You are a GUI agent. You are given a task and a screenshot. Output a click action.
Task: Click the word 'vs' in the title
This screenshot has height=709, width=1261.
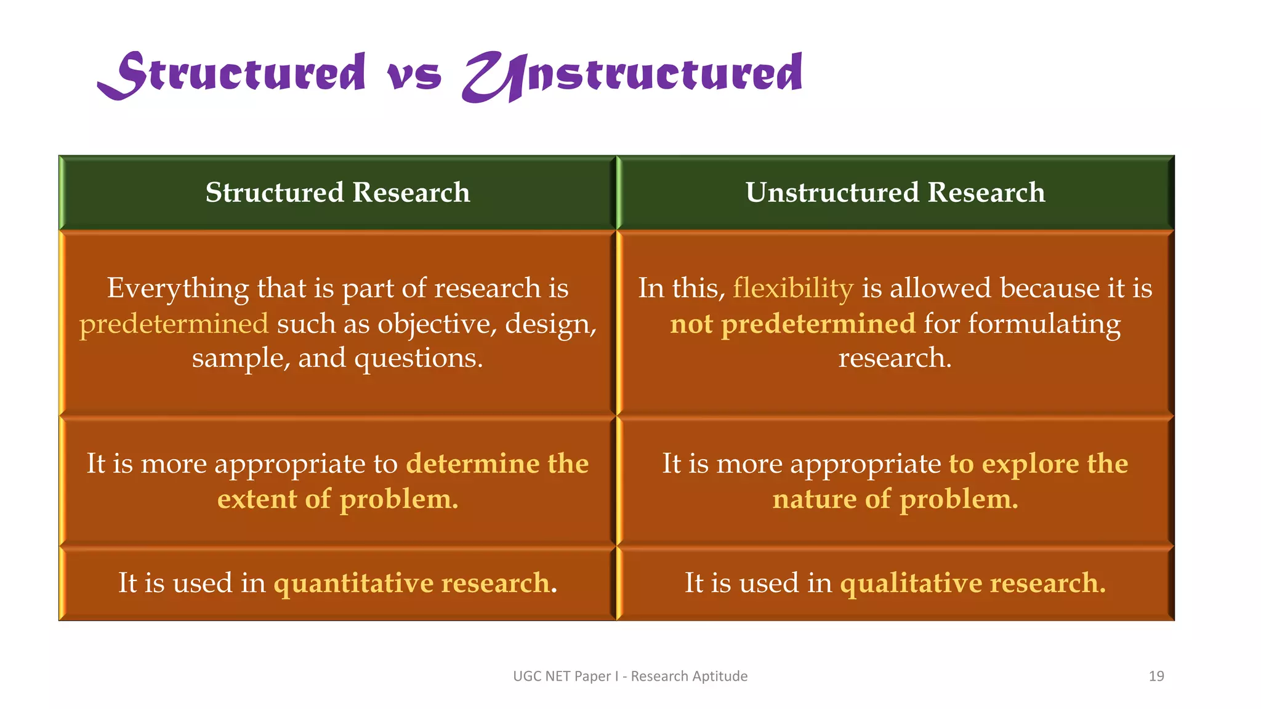click(414, 77)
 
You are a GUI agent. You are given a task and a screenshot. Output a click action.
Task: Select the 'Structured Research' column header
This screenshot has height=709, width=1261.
click(337, 192)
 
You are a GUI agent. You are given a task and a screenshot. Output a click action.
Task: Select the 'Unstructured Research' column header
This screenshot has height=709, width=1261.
click(895, 192)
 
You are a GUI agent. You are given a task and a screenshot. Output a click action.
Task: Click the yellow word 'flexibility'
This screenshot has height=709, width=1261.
click(792, 288)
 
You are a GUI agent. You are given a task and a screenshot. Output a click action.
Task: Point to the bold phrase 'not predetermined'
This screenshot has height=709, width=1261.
click(792, 324)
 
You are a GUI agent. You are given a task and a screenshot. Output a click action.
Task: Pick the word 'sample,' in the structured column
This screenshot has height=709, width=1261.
click(241, 358)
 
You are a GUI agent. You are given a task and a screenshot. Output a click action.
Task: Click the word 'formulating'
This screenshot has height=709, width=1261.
click(1044, 324)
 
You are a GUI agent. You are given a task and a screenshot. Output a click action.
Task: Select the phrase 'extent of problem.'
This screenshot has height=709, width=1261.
click(337, 499)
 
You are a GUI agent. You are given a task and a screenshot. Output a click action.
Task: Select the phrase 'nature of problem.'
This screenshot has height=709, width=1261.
click(895, 499)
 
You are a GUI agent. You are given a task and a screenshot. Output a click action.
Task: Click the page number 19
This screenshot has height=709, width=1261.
click(1156, 676)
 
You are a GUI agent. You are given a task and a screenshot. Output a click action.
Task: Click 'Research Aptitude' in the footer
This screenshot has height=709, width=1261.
click(689, 676)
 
